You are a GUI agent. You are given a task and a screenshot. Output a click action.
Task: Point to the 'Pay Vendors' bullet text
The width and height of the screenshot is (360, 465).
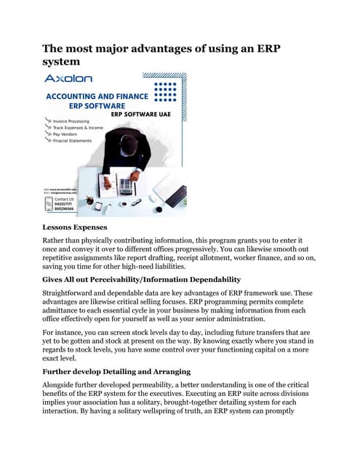(70, 134)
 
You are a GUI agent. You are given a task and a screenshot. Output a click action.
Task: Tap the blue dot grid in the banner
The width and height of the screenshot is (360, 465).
(166, 93)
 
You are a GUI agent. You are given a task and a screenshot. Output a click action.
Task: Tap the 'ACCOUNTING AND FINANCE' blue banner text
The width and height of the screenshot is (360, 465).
(97, 95)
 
